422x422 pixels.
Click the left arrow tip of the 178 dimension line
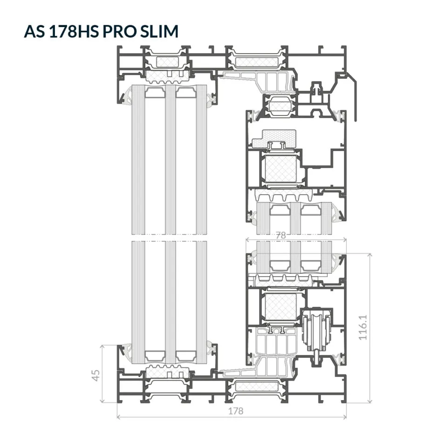tap(117, 417)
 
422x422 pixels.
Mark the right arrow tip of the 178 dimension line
tap(346, 417)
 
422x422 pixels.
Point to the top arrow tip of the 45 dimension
tap(102, 345)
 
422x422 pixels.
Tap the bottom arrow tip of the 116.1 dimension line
tap(370, 403)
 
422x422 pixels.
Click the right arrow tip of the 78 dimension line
tap(346, 239)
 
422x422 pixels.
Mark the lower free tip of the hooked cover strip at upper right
tap(356, 121)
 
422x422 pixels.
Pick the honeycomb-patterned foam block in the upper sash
tap(274, 139)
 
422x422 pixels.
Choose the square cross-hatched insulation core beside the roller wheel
tap(280, 306)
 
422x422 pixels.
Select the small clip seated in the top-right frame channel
tap(317, 88)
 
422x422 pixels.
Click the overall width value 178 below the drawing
tap(236, 411)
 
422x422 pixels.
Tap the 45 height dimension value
tap(96, 375)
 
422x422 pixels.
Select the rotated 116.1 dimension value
tap(363, 327)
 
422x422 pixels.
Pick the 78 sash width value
tap(281, 236)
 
